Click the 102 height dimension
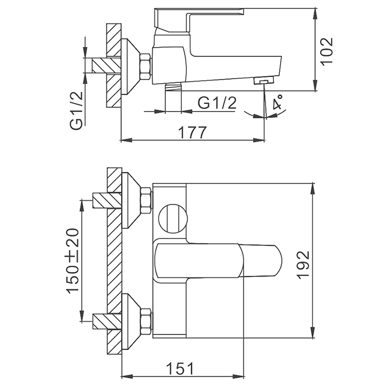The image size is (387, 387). click(x=327, y=50)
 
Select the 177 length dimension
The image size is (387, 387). click(x=192, y=132)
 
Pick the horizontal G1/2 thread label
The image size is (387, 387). click(x=217, y=103)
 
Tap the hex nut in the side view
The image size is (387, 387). click(x=145, y=66)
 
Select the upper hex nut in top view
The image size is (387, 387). click(x=145, y=200)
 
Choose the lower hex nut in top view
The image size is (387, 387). click(x=145, y=322)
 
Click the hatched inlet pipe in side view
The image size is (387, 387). click(x=102, y=65)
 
